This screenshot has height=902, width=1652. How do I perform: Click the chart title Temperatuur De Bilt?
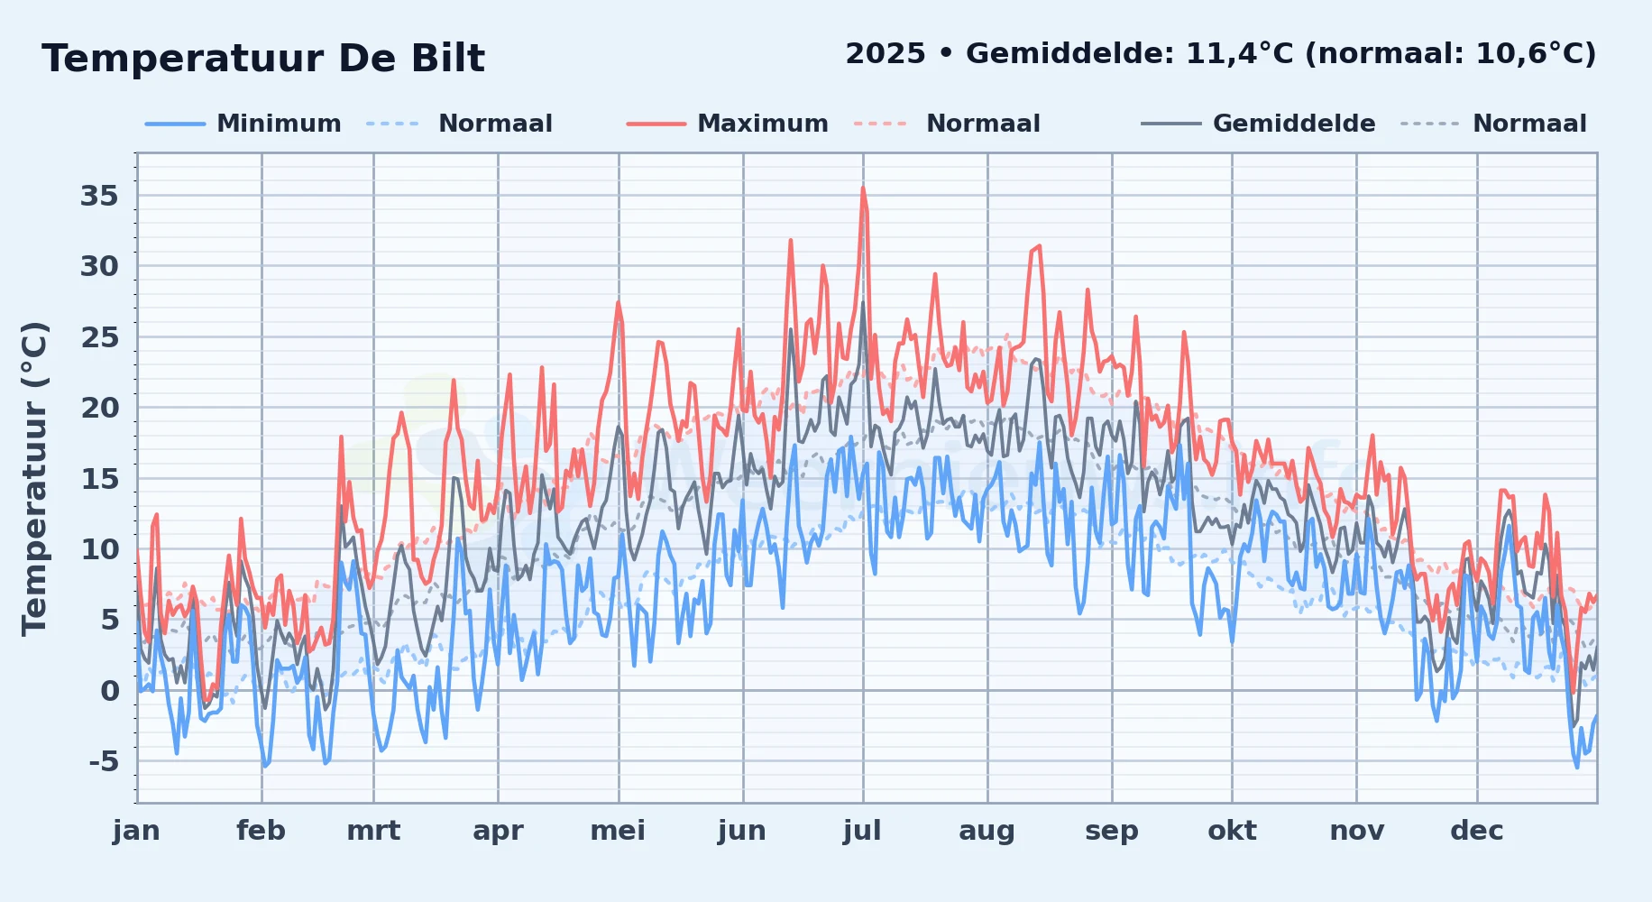click(x=263, y=59)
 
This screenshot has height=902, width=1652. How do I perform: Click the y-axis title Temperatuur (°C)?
click(x=34, y=479)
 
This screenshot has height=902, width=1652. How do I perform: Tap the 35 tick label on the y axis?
click(x=99, y=196)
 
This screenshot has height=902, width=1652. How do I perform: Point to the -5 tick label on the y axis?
click(x=104, y=761)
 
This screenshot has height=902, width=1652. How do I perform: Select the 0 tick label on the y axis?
click(x=110, y=691)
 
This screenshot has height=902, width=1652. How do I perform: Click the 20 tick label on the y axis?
click(x=99, y=408)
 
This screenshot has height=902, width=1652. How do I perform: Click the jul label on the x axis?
click(x=862, y=831)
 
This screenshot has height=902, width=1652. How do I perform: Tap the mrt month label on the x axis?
click(x=373, y=831)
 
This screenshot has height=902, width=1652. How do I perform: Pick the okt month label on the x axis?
click(x=1232, y=831)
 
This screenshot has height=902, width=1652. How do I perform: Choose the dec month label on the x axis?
click(x=1477, y=831)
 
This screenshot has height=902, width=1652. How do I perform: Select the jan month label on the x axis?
click(x=136, y=831)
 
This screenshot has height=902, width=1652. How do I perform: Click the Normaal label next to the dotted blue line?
click(x=495, y=124)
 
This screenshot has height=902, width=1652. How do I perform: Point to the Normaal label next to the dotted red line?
click(x=983, y=124)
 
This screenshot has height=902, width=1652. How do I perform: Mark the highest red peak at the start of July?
click(x=863, y=188)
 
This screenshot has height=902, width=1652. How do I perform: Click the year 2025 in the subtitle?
click(x=886, y=54)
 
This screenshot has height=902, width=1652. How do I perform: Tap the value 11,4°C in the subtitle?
click(x=1239, y=54)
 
